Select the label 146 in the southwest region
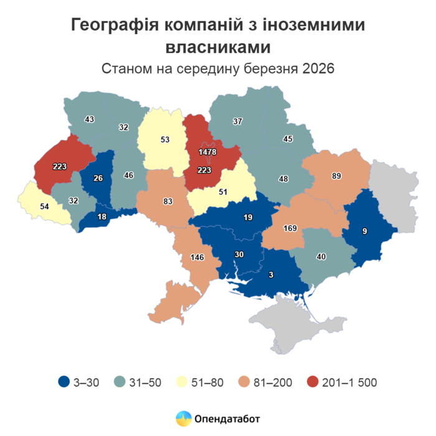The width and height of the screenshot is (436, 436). point(197,257)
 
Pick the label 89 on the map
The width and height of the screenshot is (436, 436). point(337,176)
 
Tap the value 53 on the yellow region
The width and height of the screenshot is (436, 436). point(165,140)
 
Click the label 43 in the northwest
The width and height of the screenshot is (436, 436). point(89,119)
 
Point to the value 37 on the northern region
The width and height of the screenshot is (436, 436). point(237,121)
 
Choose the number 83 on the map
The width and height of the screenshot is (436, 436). point(168,201)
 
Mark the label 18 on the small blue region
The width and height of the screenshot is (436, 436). point(102,216)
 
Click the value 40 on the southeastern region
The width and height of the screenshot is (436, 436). point(321,256)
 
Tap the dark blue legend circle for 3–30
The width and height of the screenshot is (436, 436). point(64,382)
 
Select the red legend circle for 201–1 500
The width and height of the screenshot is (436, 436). point(313,382)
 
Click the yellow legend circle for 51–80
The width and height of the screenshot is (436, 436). point(186,382)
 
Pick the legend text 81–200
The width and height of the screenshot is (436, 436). point(273,382)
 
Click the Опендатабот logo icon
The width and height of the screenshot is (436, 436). point(183,419)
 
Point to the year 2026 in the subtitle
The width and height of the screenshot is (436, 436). point(318,68)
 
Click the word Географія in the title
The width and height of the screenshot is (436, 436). point(111,26)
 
